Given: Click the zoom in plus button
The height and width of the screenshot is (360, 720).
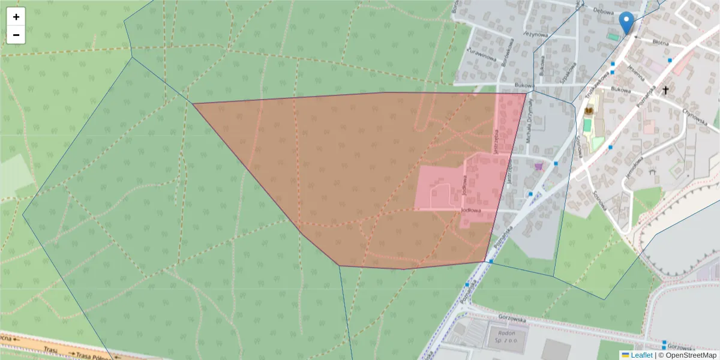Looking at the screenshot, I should (16, 17).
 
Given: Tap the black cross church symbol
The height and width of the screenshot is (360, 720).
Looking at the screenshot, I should (665, 91).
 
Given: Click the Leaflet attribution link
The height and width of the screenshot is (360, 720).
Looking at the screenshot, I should (641, 355).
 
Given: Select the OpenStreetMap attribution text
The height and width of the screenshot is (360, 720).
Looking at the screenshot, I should (691, 355).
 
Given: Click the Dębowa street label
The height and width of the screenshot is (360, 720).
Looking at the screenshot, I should (603, 10).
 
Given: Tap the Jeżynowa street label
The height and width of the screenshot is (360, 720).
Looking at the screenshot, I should (536, 35).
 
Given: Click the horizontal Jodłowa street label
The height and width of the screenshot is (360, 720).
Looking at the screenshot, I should (472, 210).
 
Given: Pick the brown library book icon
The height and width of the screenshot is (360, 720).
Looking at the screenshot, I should (589, 110).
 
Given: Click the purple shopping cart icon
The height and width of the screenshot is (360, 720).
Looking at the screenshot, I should (538, 166).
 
